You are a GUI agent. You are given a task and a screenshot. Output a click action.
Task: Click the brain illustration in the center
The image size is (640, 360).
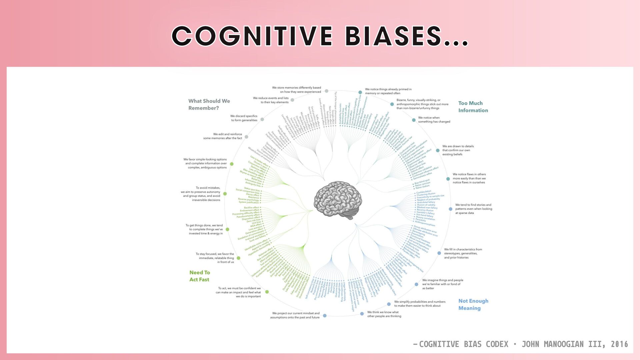tap(338, 200)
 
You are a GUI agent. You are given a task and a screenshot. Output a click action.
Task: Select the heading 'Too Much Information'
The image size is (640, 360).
tap(473, 107)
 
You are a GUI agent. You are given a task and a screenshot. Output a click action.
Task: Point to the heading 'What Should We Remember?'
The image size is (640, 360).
tap(209, 104)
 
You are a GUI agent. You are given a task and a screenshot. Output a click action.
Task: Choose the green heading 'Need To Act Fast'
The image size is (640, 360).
tap(200, 276)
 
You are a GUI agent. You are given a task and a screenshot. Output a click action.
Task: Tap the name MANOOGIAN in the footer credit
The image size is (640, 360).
tap(563, 344)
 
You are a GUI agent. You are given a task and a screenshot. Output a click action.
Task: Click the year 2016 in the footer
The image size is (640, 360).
tap(619, 344)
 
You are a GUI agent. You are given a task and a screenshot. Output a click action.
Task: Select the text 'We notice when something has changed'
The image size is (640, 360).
tap(434, 120)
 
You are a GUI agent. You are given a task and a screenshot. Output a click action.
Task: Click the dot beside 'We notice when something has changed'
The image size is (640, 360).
tap(414, 120)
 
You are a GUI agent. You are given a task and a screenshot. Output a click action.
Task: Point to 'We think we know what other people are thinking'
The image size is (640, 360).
tap(384, 314)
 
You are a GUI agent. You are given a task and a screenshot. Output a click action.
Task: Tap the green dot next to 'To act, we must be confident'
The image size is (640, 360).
tap(267, 292)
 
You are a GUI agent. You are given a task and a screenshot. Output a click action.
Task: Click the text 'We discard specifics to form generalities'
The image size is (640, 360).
tap(244, 118)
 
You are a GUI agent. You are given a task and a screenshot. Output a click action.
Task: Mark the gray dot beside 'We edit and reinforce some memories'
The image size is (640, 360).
tap(246, 137)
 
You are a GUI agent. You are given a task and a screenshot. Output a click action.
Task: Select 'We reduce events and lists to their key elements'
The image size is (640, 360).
tap(271, 100)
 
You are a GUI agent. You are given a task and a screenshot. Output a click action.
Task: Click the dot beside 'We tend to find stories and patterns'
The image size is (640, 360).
tap(450, 209)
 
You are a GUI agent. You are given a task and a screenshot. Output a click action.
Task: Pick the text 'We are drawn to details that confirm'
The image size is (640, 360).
tap(458, 150)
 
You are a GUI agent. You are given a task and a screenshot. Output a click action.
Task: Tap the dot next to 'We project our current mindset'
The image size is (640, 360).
tap(325, 315)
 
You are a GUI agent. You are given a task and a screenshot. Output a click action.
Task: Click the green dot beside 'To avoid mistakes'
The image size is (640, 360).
tap(225, 194)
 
